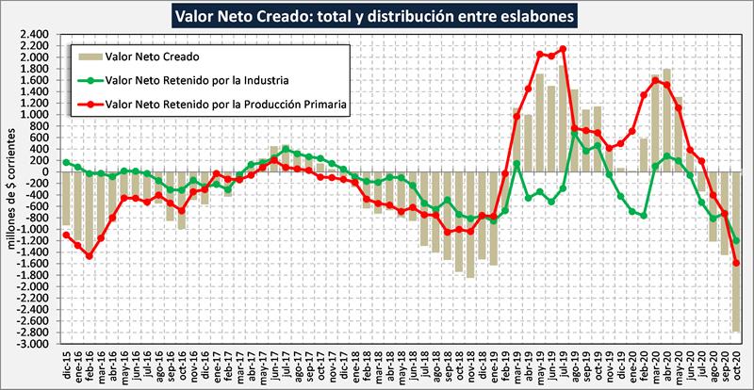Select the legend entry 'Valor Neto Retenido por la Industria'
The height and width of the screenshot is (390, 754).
[194, 80]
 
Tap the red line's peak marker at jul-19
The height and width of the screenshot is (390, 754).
[563, 49]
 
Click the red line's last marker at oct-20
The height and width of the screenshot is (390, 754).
[736, 263]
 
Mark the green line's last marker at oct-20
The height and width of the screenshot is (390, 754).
[736, 241]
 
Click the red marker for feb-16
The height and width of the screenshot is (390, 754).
[90, 255]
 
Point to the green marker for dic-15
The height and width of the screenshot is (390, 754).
[66, 162]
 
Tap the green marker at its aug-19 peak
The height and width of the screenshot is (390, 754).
[575, 133]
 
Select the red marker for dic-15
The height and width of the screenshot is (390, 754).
[66, 235]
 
